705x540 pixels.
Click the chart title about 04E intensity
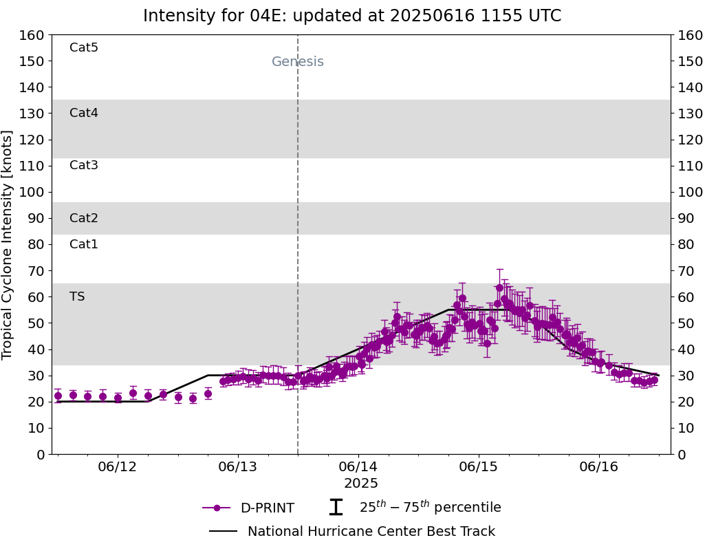click(x=352, y=16)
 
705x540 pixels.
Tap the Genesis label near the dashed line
click(x=297, y=62)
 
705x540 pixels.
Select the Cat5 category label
click(x=84, y=47)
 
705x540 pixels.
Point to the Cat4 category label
click(x=84, y=113)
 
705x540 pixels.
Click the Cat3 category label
click(x=84, y=165)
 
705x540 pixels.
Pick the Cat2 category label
click(x=84, y=218)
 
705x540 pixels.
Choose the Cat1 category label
click(x=84, y=244)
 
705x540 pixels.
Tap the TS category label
click(x=77, y=296)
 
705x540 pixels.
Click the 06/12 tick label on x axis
click(x=118, y=467)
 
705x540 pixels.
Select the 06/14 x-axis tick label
click(x=358, y=467)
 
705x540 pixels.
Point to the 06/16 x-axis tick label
click(x=599, y=467)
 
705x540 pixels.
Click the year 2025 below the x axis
click(x=361, y=484)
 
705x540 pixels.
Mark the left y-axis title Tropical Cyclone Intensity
click(x=8, y=244)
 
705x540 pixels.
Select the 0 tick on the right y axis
click(x=681, y=454)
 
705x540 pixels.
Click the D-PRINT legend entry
click(x=267, y=508)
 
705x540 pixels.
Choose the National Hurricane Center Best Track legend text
click(x=371, y=532)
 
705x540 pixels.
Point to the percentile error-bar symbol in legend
click(x=336, y=508)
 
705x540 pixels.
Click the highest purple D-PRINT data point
click(x=499, y=288)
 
